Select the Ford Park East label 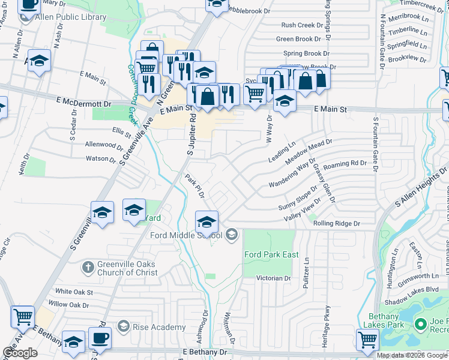[x=271, y=254]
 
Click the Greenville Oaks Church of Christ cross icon [x=88, y=266]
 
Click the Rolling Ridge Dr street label [x=337, y=223]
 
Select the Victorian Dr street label [x=274, y=278]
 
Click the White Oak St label [x=74, y=292]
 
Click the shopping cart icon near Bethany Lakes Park [x=367, y=339]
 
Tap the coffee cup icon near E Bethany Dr [x=100, y=337]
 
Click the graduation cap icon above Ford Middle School [x=206, y=221]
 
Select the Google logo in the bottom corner [x=20, y=353]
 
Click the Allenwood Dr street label [x=104, y=145]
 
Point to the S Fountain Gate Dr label [x=375, y=144]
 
